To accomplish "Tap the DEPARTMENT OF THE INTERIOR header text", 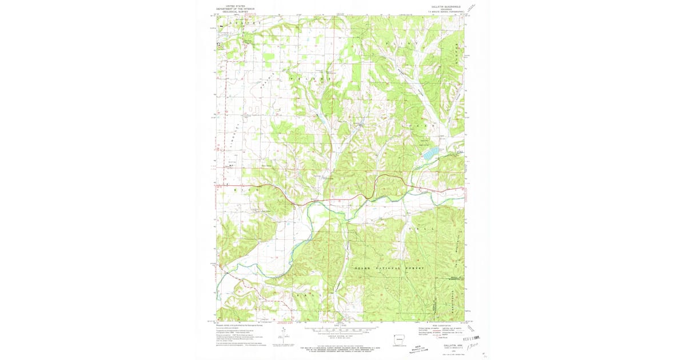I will pos(240,9).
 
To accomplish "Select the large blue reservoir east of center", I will pos(432,153).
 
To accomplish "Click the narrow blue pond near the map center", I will pos(323,120).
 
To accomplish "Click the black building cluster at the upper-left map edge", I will pos(218,44).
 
